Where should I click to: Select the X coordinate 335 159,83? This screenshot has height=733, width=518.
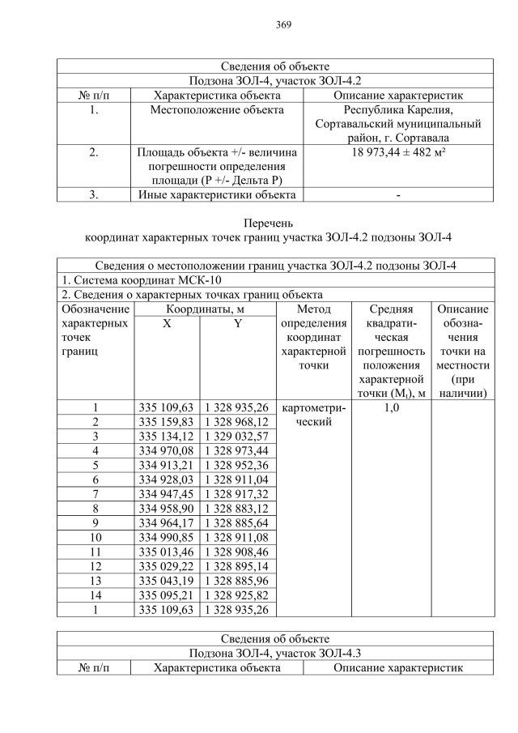pyautogui.click(x=166, y=422)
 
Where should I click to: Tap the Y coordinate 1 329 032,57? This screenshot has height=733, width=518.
pyautogui.click(x=238, y=437)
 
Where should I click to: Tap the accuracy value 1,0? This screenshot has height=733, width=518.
pyautogui.click(x=392, y=407)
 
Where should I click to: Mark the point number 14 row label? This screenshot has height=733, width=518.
pyautogui.click(x=96, y=594)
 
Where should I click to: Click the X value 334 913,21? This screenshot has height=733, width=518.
pyautogui.click(x=166, y=466)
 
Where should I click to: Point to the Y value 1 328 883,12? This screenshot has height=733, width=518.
pyautogui.click(x=238, y=509)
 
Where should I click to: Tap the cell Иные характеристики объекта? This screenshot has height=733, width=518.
pyautogui.click(x=217, y=194)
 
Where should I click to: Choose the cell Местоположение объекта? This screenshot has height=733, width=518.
pyautogui.click(x=217, y=110)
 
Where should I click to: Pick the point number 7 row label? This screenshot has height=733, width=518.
pyautogui.click(x=96, y=495)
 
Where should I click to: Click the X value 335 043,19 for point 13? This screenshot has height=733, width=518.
pyautogui.click(x=166, y=580)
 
